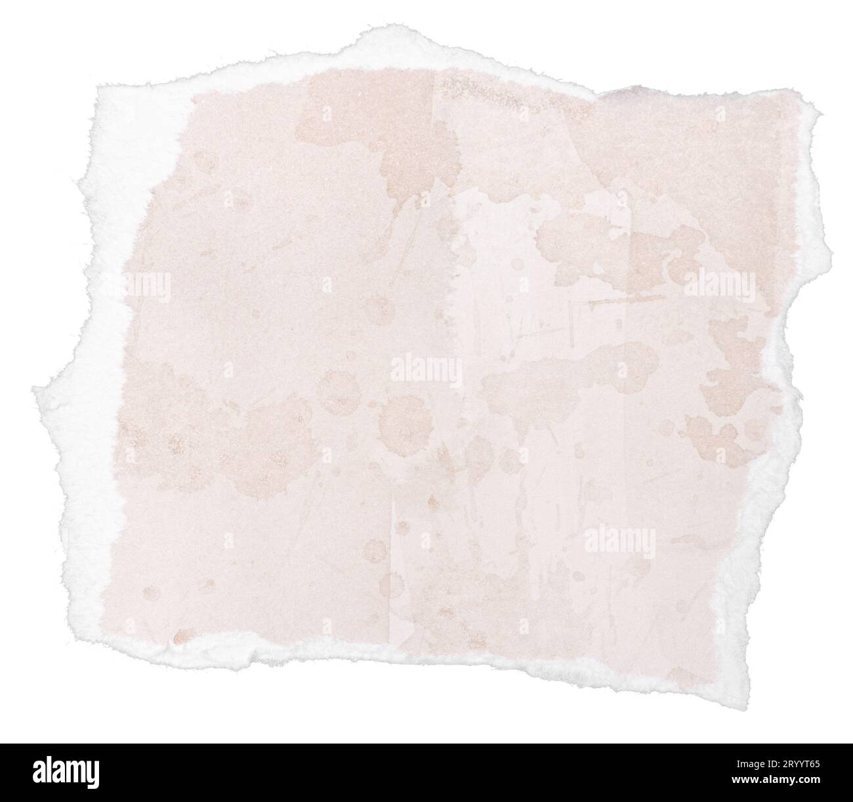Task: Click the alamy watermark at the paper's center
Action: pyautogui.click(x=427, y=371)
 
